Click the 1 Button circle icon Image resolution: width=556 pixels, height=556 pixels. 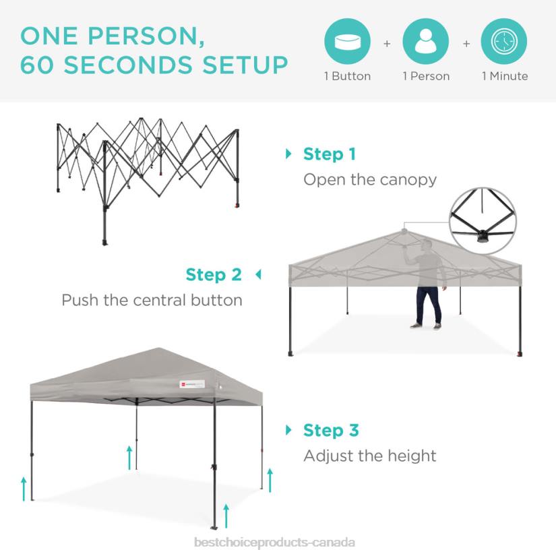tap(348, 41)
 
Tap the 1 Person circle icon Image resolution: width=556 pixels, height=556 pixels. tap(426, 41)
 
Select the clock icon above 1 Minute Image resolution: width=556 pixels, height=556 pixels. tap(504, 41)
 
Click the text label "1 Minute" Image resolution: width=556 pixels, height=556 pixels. tap(505, 76)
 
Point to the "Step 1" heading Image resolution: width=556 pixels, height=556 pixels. tap(330, 154)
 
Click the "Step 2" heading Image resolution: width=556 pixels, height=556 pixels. tap(214, 275)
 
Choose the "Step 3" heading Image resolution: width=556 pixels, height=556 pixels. tap(331, 430)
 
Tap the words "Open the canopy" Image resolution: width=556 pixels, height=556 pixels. tap(370, 180)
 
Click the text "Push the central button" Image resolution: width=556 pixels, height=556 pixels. tap(152, 300)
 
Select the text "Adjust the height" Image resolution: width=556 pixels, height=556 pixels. tap(370, 456)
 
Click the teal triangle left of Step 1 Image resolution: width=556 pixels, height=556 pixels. tap(289, 154)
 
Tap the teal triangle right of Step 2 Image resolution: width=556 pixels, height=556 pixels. tap(257, 275)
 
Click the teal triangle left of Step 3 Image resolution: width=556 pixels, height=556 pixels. tap(289, 430)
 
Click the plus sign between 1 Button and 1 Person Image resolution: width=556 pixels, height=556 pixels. tap(387, 44)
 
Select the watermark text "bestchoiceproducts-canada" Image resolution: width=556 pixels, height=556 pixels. tap(274, 543)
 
